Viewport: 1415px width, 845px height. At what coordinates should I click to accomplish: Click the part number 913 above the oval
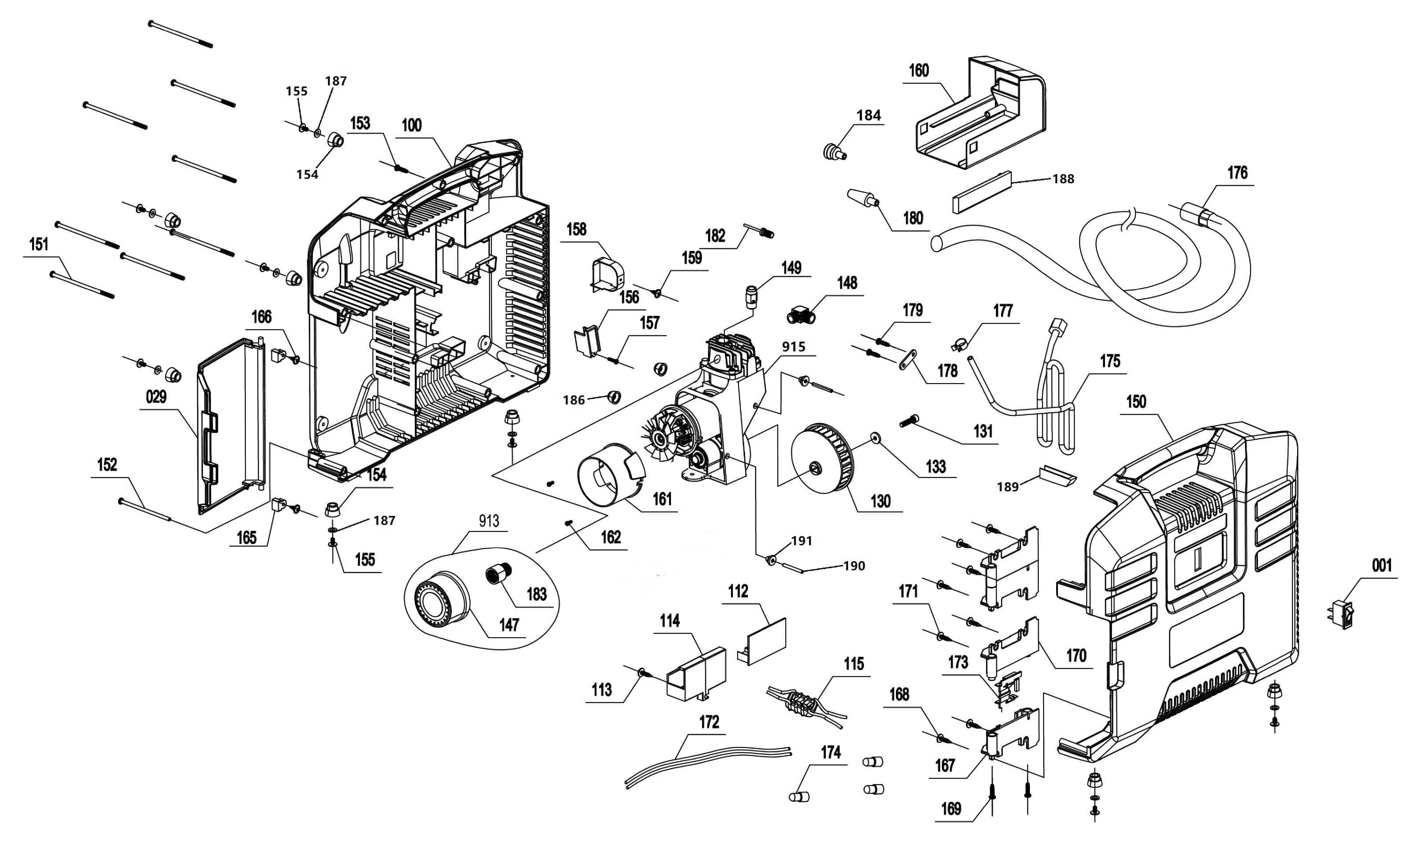488,521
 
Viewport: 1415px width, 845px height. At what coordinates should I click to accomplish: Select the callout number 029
156,397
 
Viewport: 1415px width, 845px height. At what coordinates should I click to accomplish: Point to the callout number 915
793,347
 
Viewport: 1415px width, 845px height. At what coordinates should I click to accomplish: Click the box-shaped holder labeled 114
696,674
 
